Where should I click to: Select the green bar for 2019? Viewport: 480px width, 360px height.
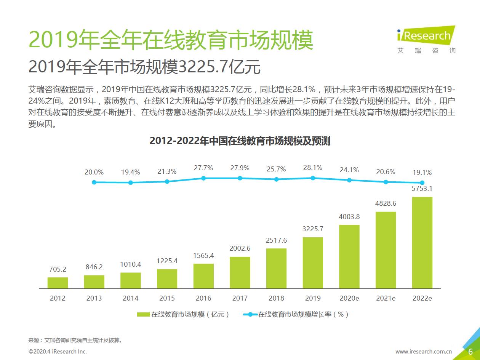313,262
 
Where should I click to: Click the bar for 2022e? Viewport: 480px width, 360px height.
422,242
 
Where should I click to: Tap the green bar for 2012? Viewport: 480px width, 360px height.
58,283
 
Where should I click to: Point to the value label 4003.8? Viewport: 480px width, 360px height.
349,217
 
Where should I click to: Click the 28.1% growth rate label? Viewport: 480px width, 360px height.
313,168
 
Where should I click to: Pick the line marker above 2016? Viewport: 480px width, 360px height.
203,178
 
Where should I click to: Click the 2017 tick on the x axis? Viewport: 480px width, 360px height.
240,298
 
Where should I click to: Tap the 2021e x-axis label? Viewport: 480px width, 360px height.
386,298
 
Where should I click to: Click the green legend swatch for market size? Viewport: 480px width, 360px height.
143,314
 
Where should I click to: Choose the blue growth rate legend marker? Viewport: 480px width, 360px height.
250,314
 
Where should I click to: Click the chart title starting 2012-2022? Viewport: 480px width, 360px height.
240,141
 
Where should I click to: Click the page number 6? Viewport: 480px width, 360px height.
470,351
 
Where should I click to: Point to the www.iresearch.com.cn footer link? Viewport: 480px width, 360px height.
423,352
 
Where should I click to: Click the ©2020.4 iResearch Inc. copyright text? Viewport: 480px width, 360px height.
58,351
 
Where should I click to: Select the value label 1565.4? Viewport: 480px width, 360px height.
203,256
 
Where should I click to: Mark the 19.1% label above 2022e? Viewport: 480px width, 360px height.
422,172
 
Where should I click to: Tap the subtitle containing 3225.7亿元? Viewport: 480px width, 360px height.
145,67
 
